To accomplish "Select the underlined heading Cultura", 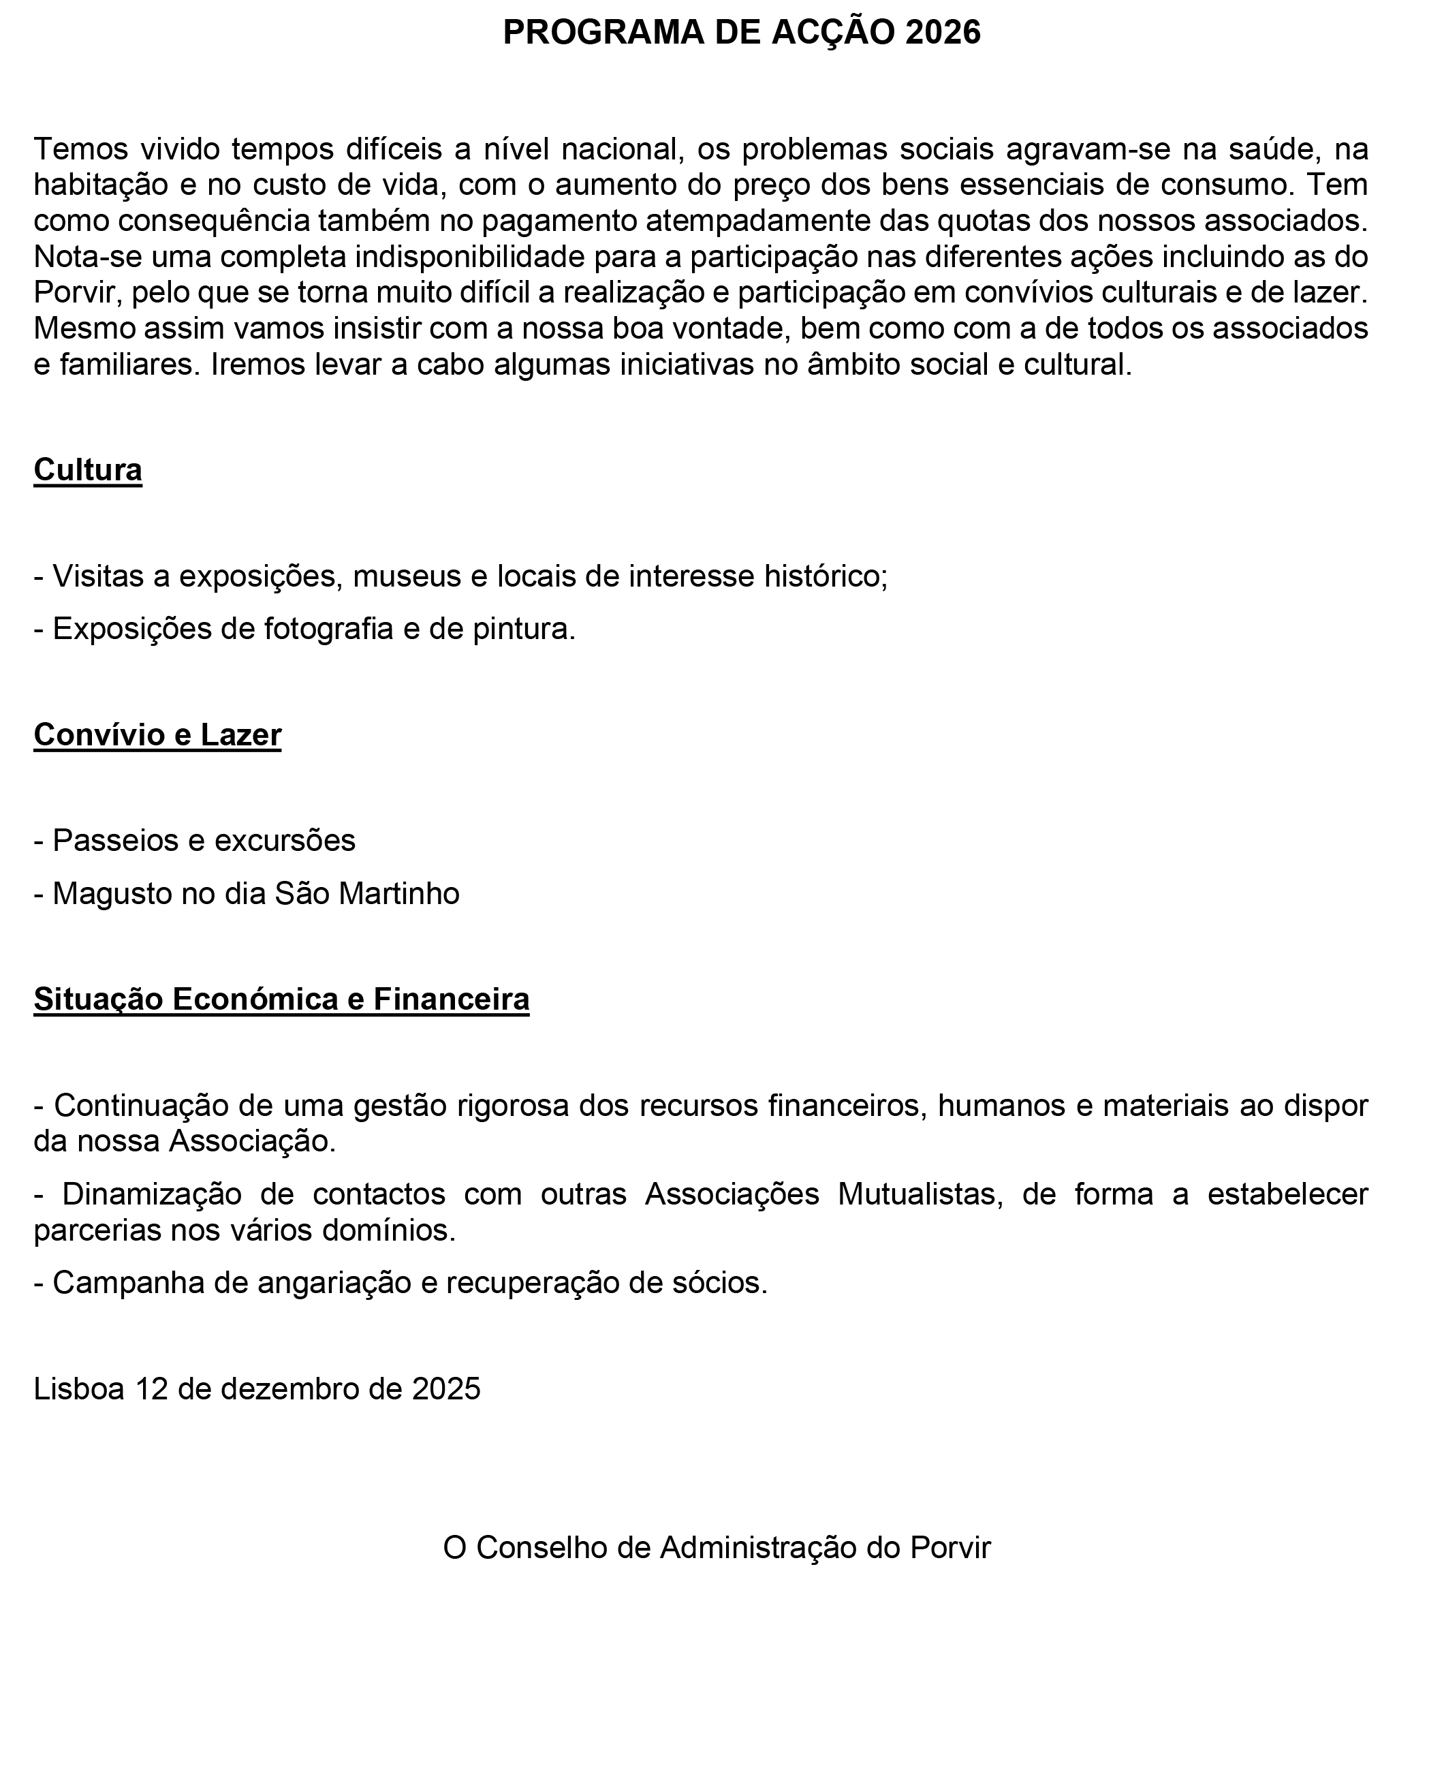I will pyautogui.click(x=87, y=470).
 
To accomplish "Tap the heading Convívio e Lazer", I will pyautogui.click(x=157, y=734).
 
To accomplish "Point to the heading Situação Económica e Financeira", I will pyautogui.click(x=281, y=999).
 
